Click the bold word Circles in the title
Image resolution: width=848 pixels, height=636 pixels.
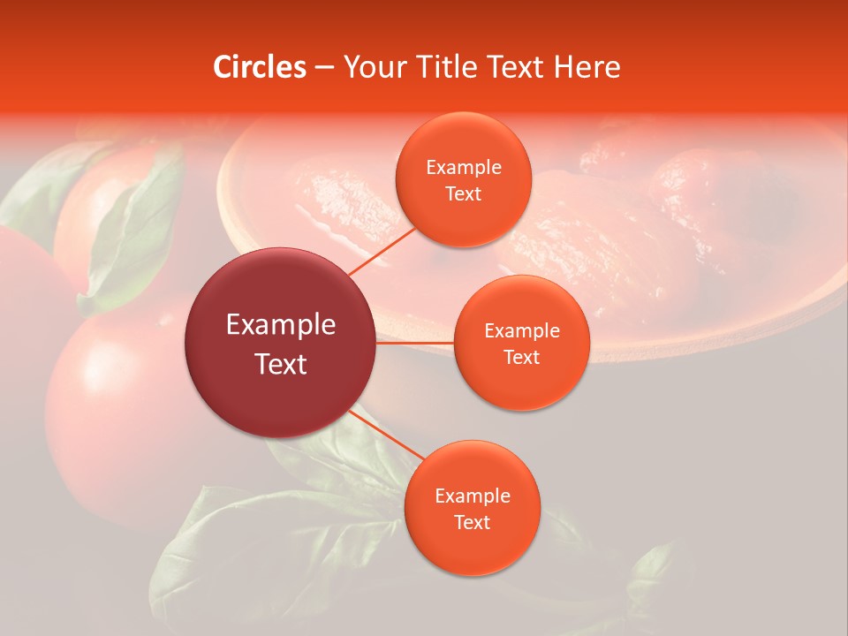pos(260,67)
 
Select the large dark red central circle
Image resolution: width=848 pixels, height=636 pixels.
pos(281,343)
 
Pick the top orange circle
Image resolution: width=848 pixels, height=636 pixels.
pos(463,181)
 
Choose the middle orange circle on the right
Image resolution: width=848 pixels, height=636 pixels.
pos(521,343)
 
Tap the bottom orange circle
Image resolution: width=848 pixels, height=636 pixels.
pos(472,508)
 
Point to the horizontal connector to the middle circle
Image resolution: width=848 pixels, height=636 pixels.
pos(415,343)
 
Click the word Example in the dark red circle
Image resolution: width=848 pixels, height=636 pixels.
pos(281,325)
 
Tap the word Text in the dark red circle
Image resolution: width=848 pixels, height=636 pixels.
pos(281,364)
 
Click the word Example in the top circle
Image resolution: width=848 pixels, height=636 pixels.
pos(463,168)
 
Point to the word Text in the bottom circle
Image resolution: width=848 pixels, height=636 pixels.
pos(472,522)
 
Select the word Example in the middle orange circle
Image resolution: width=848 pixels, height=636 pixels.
pos(521,331)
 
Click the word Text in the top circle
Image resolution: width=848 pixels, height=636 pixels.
pos(463,194)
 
